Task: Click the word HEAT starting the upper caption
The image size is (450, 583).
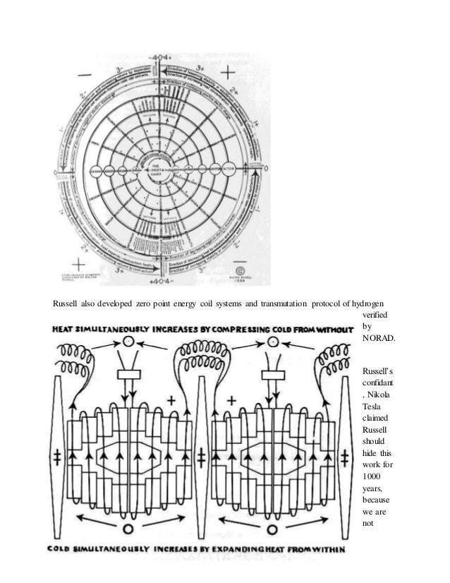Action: point(63,330)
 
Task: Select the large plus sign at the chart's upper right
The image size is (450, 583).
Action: point(229,73)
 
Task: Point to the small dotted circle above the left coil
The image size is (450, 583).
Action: point(128,342)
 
